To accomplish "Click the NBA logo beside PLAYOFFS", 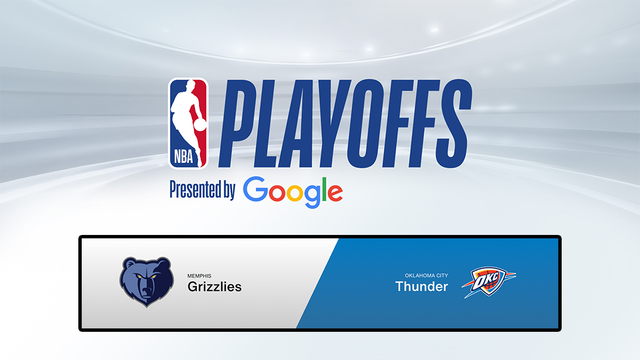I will pyautogui.click(x=189, y=123).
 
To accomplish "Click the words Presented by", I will pyautogui.click(x=202, y=190).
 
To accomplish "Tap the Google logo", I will pyautogui.click(x=293, y=192).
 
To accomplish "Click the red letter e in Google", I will pyautogui.click(x=334, y=192).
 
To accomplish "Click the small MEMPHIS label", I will pyautogui.click(x=199, y=276).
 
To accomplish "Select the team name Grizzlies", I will pyautogui.click(x=215, y=287).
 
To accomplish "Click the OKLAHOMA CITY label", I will pyautogui.click(x=426, y=275).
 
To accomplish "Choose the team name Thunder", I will pyautogui.click(x=421, y=286).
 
